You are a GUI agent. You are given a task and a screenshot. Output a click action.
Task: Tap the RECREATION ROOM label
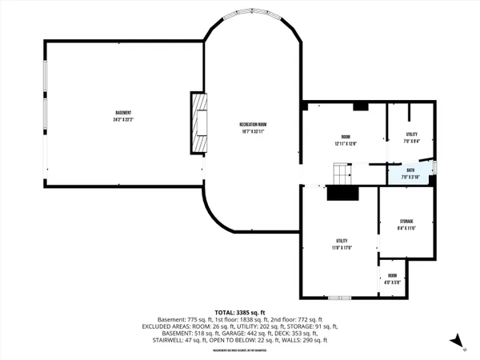click(x=252, y=124)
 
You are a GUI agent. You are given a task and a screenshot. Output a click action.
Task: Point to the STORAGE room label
click(x=406, y=221)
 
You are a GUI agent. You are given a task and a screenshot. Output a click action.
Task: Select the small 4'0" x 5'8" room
click(x=392, y=279)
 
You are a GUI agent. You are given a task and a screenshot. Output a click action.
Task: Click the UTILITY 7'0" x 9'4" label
click(x=411, y=138)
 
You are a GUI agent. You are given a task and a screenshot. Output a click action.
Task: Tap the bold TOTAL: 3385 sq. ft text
click(x=240, y=312)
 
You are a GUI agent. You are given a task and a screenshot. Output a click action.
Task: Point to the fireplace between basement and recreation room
click(x=198, y=122)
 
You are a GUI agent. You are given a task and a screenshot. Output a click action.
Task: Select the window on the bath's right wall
click(x=435, y=167)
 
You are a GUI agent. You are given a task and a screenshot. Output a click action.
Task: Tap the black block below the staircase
click(x=344, y=192)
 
